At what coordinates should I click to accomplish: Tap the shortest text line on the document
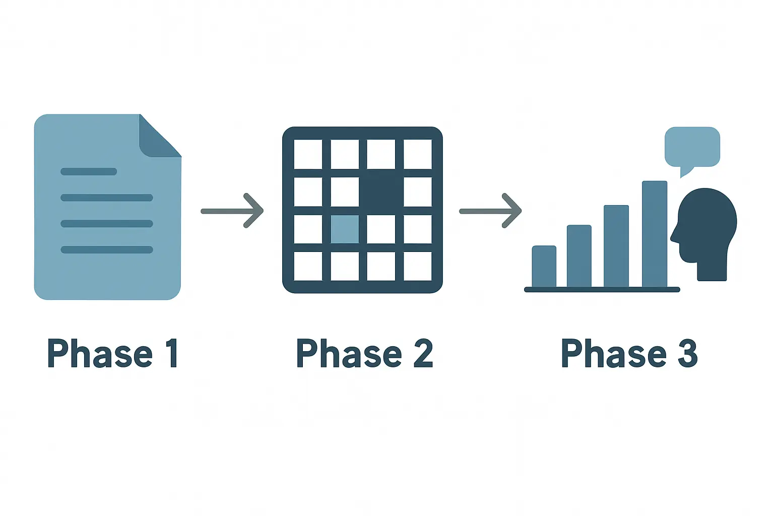pos(89,171)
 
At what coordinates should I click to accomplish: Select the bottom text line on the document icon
pos(107,249)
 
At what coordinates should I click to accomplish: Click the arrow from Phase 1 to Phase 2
pos(232,211)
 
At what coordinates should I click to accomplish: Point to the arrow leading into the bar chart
pos(490,211)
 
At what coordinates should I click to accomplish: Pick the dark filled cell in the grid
pos(381,191)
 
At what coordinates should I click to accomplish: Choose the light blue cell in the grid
pos(345,229)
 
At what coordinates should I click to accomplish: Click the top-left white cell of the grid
pos(308,154)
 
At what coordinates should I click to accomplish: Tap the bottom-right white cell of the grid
pos(418,266)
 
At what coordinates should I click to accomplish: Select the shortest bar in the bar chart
pos(544,267)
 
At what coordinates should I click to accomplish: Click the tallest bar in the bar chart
pos(655,234)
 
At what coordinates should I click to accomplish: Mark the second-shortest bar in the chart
pos(579,256)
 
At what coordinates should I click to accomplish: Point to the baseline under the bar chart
pos(602,290)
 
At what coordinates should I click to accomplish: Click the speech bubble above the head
pos(692,148)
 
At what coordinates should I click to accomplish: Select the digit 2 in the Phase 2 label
pos(423,353)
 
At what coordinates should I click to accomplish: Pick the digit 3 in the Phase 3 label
pos(688,353)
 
